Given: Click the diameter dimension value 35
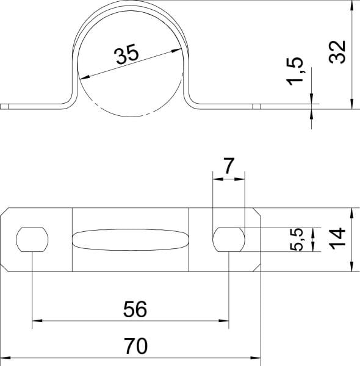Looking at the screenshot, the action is pos(128,54).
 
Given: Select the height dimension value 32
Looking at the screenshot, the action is pos(337,52).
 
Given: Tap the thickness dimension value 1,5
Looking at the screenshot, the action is pos(295,71).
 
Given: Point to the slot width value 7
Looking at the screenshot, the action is pos(229,165).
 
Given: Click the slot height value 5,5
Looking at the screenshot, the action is pos(297,240).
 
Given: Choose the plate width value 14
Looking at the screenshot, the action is pos(337,239).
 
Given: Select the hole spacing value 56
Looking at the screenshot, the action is pos(135,309).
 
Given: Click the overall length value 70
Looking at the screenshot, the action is pos(135,346).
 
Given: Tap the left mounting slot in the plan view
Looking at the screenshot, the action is pos(32,240).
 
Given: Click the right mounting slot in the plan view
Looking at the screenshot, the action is pos(229,240).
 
